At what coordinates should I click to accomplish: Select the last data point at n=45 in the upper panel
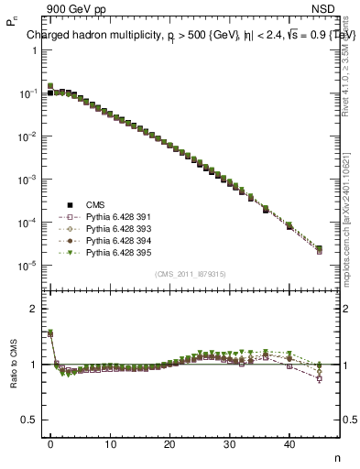319,249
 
